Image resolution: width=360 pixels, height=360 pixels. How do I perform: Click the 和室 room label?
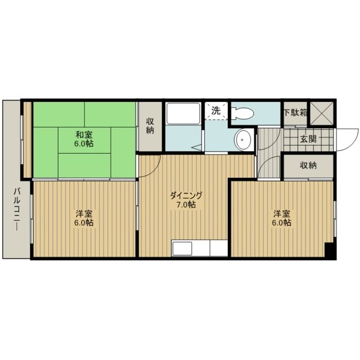coord(84,134)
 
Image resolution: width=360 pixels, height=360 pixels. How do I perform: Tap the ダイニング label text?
coord(186,195)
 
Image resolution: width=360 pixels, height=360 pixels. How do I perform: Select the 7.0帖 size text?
coord(186,204)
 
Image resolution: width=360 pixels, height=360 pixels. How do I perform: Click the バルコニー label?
coord(16,209)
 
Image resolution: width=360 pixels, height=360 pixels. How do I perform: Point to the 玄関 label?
coord(308,139)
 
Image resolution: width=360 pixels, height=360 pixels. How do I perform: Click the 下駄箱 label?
coord(295,112)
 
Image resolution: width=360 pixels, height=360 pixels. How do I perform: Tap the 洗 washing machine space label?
coord(216,111)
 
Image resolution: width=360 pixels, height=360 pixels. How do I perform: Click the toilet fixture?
coord(242,114)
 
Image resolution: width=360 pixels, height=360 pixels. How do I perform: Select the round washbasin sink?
coord(242,139)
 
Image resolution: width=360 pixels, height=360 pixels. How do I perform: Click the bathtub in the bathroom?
coord(183,114)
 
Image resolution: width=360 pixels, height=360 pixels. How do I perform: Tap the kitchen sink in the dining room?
coord(182,249)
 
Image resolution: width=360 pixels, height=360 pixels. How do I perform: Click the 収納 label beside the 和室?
coord(150,125)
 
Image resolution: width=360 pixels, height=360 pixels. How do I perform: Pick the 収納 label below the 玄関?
coord(308,165)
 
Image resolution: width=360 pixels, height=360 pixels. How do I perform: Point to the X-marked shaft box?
coord(321,112)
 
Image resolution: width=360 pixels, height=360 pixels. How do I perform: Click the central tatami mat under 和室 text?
coord(84,140)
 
